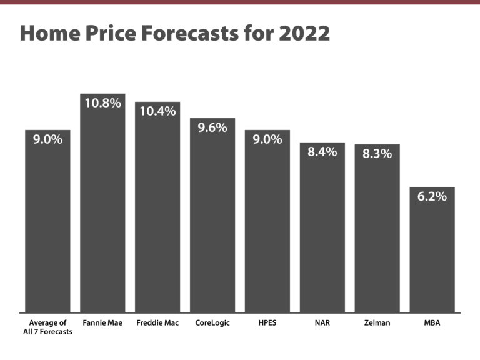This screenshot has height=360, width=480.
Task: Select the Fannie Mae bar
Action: pyautogui.click(x=102, y=212)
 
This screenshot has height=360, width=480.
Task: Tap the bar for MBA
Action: pyautogui.click(x=432, y=256)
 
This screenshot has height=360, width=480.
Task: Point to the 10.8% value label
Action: pyautogui.click(x=102, y=103)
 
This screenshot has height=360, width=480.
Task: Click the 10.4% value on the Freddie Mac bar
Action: pyautogui.click(x=157, y=111)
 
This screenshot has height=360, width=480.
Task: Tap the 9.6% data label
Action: pyautogui.click(x=212, y=127)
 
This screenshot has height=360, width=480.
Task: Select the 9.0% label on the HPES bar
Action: pyautogui.click(x=267, y=139)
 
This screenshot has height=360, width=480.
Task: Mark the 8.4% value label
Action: pyautogui.click(x=322, y=152)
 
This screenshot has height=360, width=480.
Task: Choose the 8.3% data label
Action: pyautogui.click(x=377, y=154)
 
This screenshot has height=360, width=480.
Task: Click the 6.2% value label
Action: pyautogui.click(x=432, y=196)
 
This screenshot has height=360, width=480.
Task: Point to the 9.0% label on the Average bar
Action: pyautogui.click(x=47, y=139)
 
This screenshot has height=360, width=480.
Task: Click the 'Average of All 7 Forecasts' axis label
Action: pyautogui.click(x=47, y=327)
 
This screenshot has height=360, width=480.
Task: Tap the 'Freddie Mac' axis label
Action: pyautogui.click(x=157, y=323)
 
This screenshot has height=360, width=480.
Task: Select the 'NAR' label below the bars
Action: pyautogui.click(x=322, y=323)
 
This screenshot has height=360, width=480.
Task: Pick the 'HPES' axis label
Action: pyautogui.click(x=267, y=323)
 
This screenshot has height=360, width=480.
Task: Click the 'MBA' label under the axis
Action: pyautogui.click(x=432, y=323)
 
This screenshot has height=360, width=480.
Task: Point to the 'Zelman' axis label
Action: pyautogui.click(x=377, y=323)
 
